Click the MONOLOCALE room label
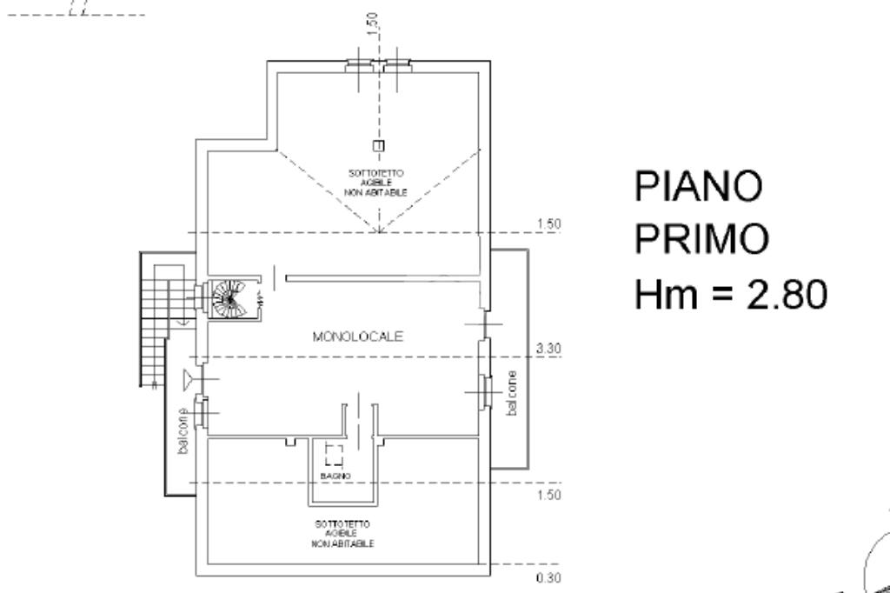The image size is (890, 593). pos(358,337)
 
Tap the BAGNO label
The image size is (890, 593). pos(335,477)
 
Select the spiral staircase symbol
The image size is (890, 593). pos(231,298)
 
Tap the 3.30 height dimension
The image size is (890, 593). pos(549,349)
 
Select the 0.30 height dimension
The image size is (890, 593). pos(549,576)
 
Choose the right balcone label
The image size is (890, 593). pos(512,393)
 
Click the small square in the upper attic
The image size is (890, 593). pos(377,145)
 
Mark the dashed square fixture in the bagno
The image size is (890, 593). pos(334,454)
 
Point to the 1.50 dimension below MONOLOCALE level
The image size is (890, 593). pos(549,495)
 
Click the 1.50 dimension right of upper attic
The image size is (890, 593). pos(549,224)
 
